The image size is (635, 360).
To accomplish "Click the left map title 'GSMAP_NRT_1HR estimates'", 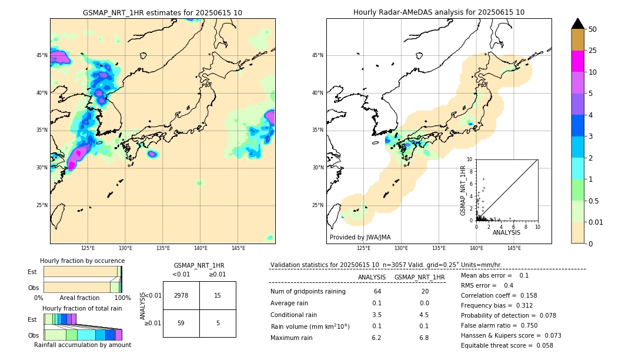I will coord(162,12).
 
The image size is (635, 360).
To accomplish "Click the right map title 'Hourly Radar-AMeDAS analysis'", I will coord(439,12).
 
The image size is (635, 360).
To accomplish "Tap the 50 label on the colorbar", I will coord(593,29).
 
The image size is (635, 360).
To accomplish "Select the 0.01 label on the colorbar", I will coord(596,222).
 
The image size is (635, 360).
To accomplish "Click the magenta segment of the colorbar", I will coord(577,61).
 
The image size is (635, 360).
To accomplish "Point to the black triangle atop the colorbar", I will coord(577,24).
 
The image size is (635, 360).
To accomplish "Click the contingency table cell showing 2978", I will coord(181,295).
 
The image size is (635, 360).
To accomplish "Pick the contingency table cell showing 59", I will coord(181,323).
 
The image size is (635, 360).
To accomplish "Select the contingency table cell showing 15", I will coord(218,295).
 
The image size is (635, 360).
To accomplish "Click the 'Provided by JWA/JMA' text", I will coord(360,237).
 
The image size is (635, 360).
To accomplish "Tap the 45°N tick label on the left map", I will coord(42,55).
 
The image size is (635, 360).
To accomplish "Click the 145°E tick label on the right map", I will coord(514,248).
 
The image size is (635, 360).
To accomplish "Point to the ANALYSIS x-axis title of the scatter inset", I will coord(506,232).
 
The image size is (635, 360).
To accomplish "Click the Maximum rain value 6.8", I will coord(423,338).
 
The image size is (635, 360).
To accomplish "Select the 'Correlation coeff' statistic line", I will coord(499,295).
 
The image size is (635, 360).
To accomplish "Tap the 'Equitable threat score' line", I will coord(507,345).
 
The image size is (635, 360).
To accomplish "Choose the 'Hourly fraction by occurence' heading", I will coord(82,261).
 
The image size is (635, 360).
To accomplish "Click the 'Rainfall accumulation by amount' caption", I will coord(82,345).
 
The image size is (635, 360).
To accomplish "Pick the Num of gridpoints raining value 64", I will coord(377,292).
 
